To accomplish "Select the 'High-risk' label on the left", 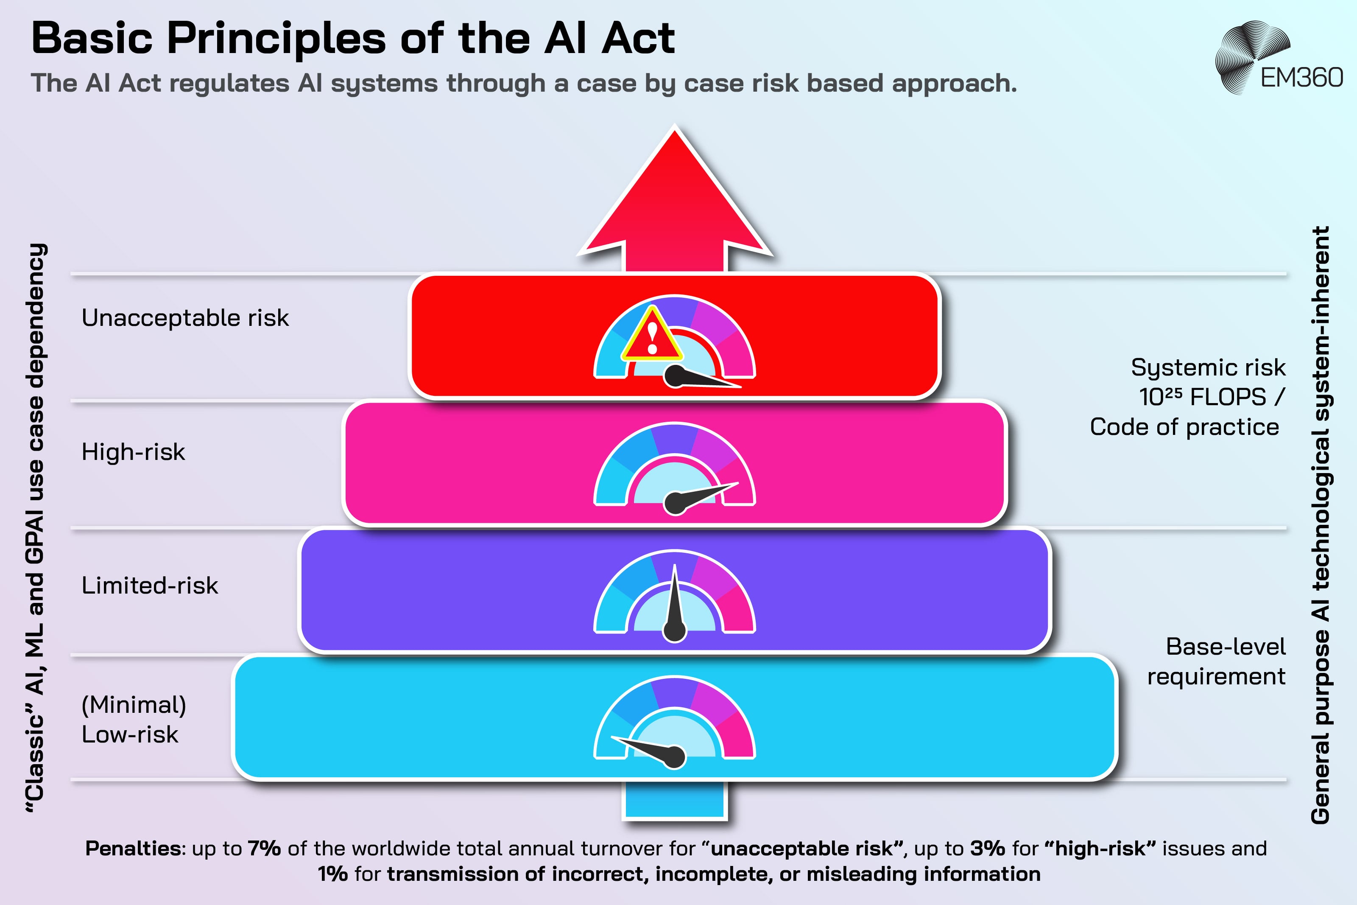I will coord(133,452).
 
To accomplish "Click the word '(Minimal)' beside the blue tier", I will coord(134,705).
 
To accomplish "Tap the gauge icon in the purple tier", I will coord(674,594).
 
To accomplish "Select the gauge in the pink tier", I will coord(674,468).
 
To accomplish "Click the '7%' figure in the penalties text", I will coord(264,849).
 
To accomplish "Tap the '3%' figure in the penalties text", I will coord(987,849).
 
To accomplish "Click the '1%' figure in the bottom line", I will coord(333,874).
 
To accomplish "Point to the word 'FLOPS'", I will coord(1228,397).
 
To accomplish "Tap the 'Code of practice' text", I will coord(1184,427).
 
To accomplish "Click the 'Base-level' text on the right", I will coord(1226,647).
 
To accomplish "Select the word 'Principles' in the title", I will coord(276,39).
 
